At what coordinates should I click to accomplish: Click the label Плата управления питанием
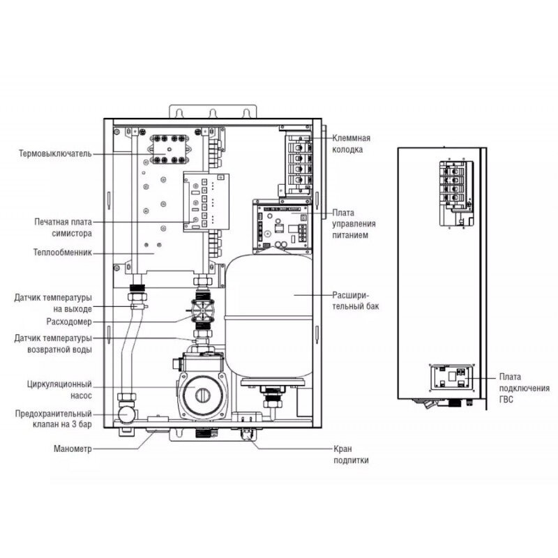[x=353, y=223]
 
